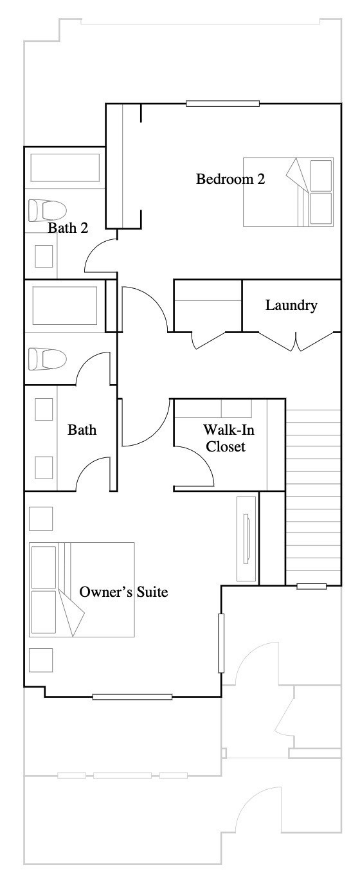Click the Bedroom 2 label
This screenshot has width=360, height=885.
(x=231, y=179)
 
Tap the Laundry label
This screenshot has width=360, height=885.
(x=291, y=305)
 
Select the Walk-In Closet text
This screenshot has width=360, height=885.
(x=228, y=438)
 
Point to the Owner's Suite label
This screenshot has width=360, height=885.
(x=123, y=592)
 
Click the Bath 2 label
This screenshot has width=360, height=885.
(x=68, y=228)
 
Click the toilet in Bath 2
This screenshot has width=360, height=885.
(x=47, y=210)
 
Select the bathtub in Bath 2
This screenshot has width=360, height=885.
(x=65, y=168)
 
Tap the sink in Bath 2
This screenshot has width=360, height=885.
(x=44, y=256)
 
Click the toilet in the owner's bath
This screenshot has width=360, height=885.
(x=47, y=359)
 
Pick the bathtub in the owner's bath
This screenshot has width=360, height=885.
(x=65, y=306)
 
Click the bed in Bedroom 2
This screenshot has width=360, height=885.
(x=288, y=192)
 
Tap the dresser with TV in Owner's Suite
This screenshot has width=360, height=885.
(x=246, y=539)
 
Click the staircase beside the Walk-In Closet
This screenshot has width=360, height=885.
(x=313, y=497)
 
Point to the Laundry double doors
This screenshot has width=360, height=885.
(x=296, y=342)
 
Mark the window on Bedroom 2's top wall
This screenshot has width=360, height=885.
(x=223, y=104)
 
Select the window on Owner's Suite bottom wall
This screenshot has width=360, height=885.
(x=132, y=697)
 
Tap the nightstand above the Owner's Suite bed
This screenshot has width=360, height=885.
(x=41, y=518)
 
